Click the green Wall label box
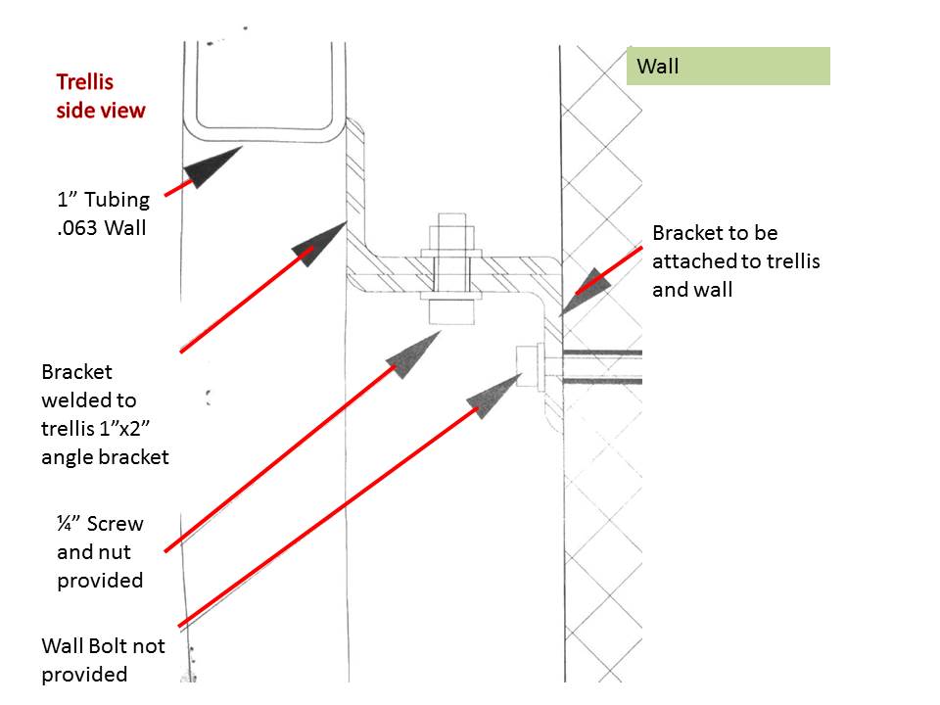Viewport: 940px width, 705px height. [728, 67]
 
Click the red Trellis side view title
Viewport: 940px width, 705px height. [100, 96]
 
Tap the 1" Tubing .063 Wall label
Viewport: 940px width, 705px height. [103, 213]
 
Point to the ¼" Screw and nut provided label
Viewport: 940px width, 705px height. [100, 552]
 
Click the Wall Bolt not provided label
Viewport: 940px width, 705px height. [103, 660]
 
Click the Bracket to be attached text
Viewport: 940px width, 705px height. [735, 261]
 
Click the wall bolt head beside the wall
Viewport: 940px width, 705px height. [528, 366]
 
